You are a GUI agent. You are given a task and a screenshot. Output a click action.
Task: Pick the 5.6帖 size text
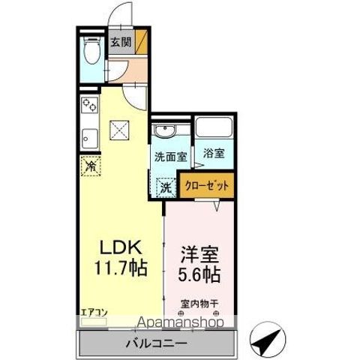(x=198, y=274)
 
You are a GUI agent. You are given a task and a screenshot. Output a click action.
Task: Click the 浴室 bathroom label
(x=214, y=154)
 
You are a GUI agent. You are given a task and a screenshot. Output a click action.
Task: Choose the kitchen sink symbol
(x=88, y=138)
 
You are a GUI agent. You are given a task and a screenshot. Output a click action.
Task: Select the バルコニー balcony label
(x=160, y=343)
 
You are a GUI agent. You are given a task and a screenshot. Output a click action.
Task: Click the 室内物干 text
(x=199, y=304)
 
